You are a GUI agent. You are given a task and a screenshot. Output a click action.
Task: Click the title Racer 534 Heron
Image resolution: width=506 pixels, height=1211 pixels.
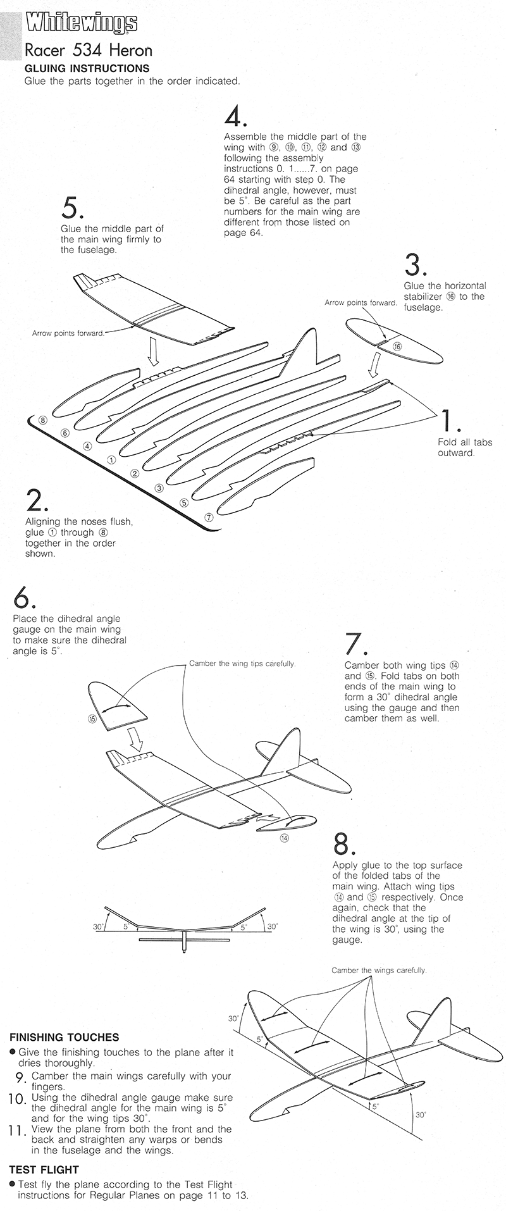click(x=88, y=50)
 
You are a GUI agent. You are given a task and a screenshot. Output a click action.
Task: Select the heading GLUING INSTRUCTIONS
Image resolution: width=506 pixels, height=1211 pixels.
click(x=87, y=68)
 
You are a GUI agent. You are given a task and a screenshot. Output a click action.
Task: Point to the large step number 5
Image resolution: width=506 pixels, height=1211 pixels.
click(x=72, y=208)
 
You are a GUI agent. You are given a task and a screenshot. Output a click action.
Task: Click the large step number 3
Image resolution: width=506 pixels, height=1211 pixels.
click(x=414, y=265)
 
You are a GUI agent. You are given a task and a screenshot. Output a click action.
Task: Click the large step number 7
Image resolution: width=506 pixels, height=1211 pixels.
click(x=355, y=644)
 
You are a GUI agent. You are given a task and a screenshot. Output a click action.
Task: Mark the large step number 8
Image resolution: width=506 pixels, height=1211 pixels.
click(x=343, y=844)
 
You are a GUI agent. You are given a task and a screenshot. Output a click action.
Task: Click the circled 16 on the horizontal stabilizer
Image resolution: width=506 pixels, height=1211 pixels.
click(x=397, y=346)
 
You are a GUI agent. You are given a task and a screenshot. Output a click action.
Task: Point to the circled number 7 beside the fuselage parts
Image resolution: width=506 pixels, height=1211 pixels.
click(x=210, y=516)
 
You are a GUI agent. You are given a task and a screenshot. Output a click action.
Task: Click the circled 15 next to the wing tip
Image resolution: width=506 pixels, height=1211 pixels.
click(x=92, y=719)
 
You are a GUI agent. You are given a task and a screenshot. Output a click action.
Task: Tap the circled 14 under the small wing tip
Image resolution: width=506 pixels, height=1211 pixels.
click(x=285, y=838)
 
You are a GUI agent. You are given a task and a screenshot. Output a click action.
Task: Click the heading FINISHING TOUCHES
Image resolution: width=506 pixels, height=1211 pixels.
click(x=64, y=1037)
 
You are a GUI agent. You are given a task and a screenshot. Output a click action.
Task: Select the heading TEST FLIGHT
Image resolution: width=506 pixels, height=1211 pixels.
click(x=44, y=1170)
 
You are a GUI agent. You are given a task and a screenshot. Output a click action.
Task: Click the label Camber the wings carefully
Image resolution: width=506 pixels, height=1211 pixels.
click(x=379, y=970)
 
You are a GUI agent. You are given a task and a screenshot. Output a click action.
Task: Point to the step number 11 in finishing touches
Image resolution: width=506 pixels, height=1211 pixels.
click(x=17, y=1131)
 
